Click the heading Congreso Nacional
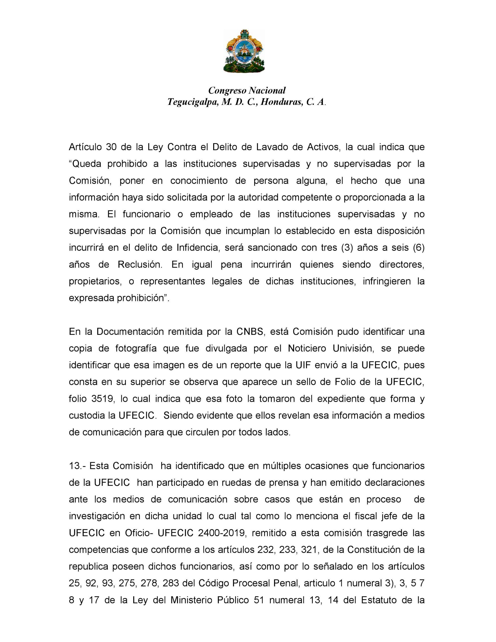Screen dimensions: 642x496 247,90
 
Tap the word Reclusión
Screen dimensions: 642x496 140,265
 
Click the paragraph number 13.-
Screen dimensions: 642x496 78,466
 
